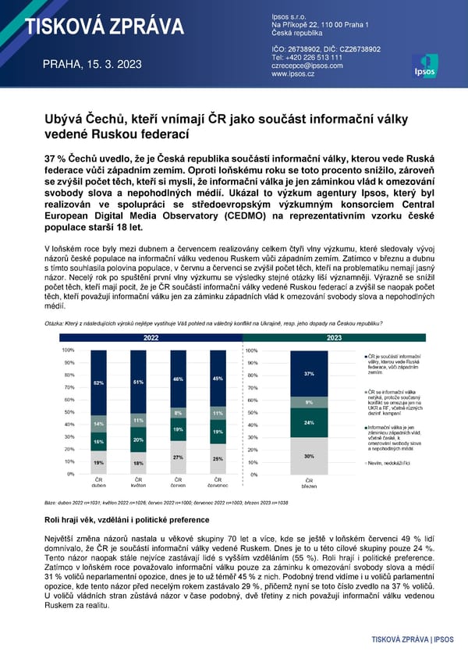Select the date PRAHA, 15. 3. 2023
[91, 64]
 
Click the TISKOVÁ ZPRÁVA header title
[104, 28]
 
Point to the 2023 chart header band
[334, 338]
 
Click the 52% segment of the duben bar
[98, 383]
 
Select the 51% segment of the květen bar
[137, 382]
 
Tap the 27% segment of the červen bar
[178, 457]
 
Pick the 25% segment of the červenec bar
[218, 459]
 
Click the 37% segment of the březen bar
[309, 374]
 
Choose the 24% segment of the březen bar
[309, 422]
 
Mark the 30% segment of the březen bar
[309, 456]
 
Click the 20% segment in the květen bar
[137, 440]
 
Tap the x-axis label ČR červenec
[218, 482]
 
